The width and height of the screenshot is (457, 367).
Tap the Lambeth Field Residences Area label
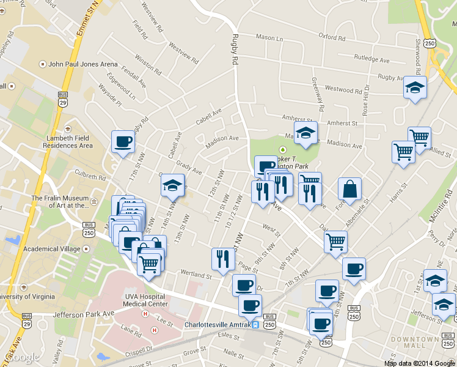pos(70,142)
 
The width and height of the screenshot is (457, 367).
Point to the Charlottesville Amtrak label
pos(218,325)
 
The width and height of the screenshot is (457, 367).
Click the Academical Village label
pos(50,249)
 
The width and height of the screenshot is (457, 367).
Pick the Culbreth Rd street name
pos(90,176)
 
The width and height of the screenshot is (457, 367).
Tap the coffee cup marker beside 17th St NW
pos(123,143)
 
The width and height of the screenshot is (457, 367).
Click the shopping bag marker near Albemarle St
pos(349,189)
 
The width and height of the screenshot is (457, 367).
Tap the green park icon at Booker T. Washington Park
pos(282,149)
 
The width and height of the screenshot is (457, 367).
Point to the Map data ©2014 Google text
pos(420,363)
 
